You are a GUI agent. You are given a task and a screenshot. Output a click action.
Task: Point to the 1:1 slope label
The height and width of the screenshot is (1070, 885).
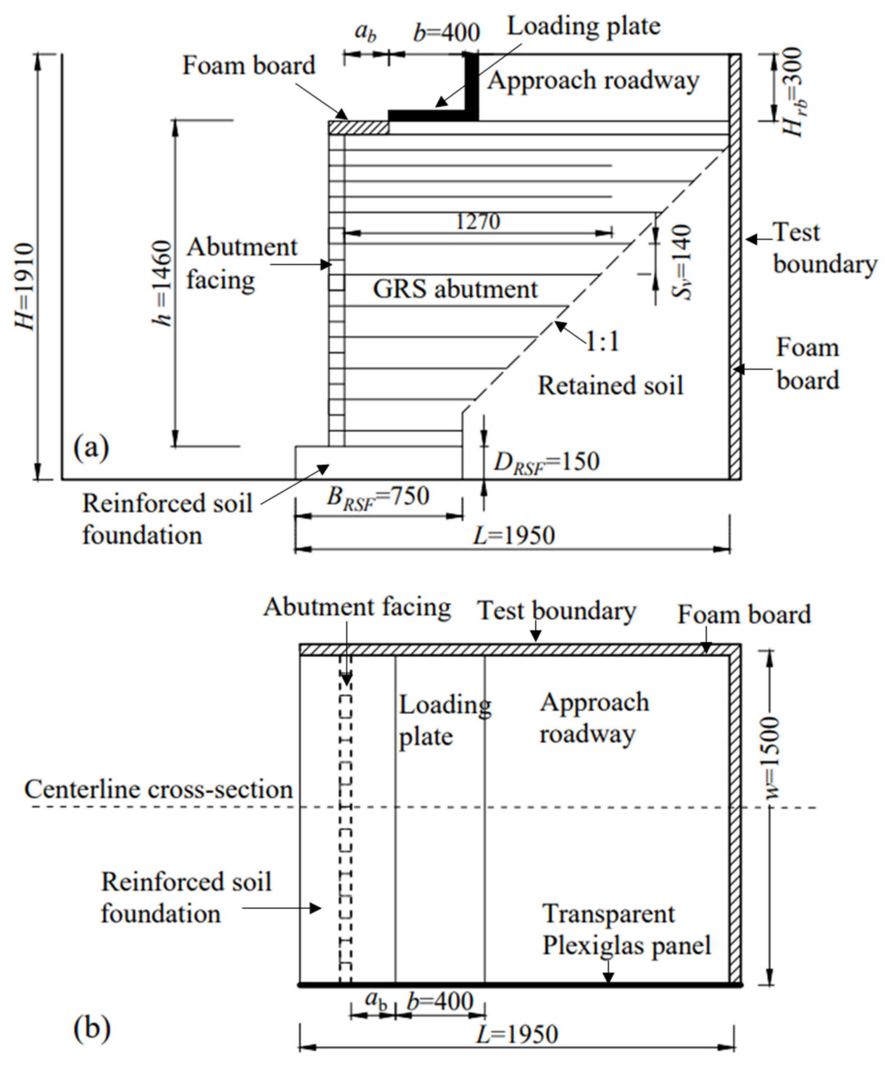[603, 341]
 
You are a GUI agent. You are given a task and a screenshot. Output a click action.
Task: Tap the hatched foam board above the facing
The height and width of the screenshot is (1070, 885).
[358, 127]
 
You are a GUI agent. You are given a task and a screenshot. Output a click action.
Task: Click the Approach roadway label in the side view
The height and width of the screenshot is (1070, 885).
[593, 80]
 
